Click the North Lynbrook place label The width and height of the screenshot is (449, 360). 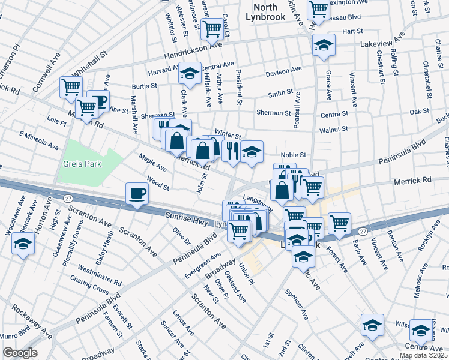tap(265, 12)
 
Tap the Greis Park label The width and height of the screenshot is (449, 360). tap(81, 164)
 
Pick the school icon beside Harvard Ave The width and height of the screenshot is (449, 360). tap(190, 74)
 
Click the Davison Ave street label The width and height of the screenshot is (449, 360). tap(284, 71)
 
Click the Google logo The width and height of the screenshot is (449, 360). tap(20, 353)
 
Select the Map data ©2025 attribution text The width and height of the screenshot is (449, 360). tap(423, 355)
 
